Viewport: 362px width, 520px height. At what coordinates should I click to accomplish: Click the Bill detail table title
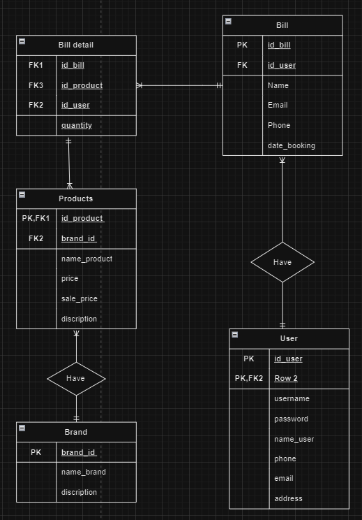click(x=76, y=45)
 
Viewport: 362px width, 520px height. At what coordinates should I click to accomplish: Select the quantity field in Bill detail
click(x=76, y=125)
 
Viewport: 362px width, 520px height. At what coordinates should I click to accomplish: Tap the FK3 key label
click(x=36, y=85)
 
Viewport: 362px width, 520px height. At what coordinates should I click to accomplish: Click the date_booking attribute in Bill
click(x=291, y=145)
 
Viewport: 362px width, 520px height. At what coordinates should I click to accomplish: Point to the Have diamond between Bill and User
click(x=282, y=262)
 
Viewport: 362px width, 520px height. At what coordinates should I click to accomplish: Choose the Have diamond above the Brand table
click(x=76, y=378)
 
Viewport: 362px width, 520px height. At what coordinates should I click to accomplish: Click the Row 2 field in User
click(x=286, y=378)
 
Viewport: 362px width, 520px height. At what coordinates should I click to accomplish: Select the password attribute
click(x=291, y=419)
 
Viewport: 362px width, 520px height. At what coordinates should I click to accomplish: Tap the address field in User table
click(x=288, y=498)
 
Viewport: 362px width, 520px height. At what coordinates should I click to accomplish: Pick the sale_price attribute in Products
click(x=80, y=298)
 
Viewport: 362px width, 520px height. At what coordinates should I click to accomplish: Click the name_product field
click(x=86, y=259)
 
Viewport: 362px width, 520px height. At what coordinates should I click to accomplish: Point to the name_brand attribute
click(x=84, y=472)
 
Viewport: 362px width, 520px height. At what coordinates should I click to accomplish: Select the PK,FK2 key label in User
click(x=249, y=378)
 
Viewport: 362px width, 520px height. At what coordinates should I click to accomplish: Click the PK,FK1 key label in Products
click(x=36, y=218)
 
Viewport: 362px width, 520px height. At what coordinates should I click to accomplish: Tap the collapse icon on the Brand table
click(x=22, y=428)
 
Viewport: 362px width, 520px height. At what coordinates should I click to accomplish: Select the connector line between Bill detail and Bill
click(x=179, y=85)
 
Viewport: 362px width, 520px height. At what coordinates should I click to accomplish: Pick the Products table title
click(x=76, y=198)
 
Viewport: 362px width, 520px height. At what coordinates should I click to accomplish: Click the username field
click(x=292, y=398)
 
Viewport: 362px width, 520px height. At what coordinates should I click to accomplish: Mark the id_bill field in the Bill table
click(x=279, y=45)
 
